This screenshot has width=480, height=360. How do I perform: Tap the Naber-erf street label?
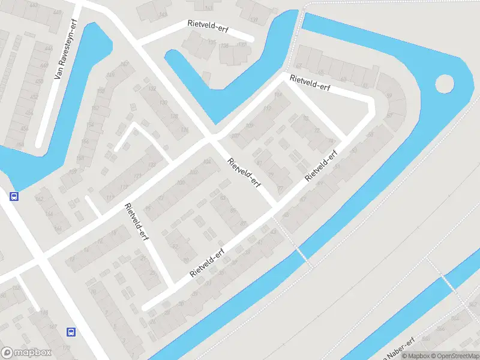[x=400, y=347]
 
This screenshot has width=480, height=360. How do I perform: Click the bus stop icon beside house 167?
[x=71, y=331]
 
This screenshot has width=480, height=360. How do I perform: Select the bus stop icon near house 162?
[x=14, y=196]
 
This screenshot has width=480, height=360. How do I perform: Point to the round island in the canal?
[x=445, y=84]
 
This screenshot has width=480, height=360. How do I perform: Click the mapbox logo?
[x=26, y=353]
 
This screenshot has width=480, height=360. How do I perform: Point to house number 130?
[x=163, y=103]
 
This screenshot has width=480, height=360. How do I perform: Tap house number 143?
[x=208, y=8]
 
